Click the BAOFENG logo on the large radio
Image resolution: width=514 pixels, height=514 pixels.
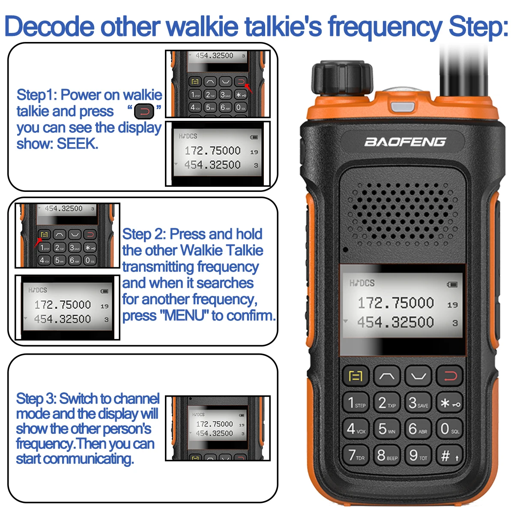pyautogui.click(x=405, y=142)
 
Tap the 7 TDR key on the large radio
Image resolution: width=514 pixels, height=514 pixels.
pyautogui.click(x=356, y=455)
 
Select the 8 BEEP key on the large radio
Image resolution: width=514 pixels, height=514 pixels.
pyautogui.click(x=387, y=455)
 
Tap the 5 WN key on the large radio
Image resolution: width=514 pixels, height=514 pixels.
pyautogui.click(x=387, y=429)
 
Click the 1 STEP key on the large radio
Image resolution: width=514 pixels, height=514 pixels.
pyautogui.click(x=356, y=403)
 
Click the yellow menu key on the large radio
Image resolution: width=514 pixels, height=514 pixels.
pyautogui.click(x=356, y=377)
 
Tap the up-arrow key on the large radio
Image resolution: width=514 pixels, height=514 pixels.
pyautogui.click(x=387, y=377)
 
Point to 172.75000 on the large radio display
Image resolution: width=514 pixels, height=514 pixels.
pyautogui.click(x=395, y=303)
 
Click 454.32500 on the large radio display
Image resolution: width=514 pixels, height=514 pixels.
pyautogui.click(x=395, y=322)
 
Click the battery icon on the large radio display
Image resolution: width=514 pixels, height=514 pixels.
pyautogui.click(x=452, y=284)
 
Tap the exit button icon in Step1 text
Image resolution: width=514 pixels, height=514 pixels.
pyautogui.click(x=144, y=112)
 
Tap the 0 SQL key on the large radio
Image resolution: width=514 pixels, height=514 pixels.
pyautogui.click(x=449, y=429)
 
